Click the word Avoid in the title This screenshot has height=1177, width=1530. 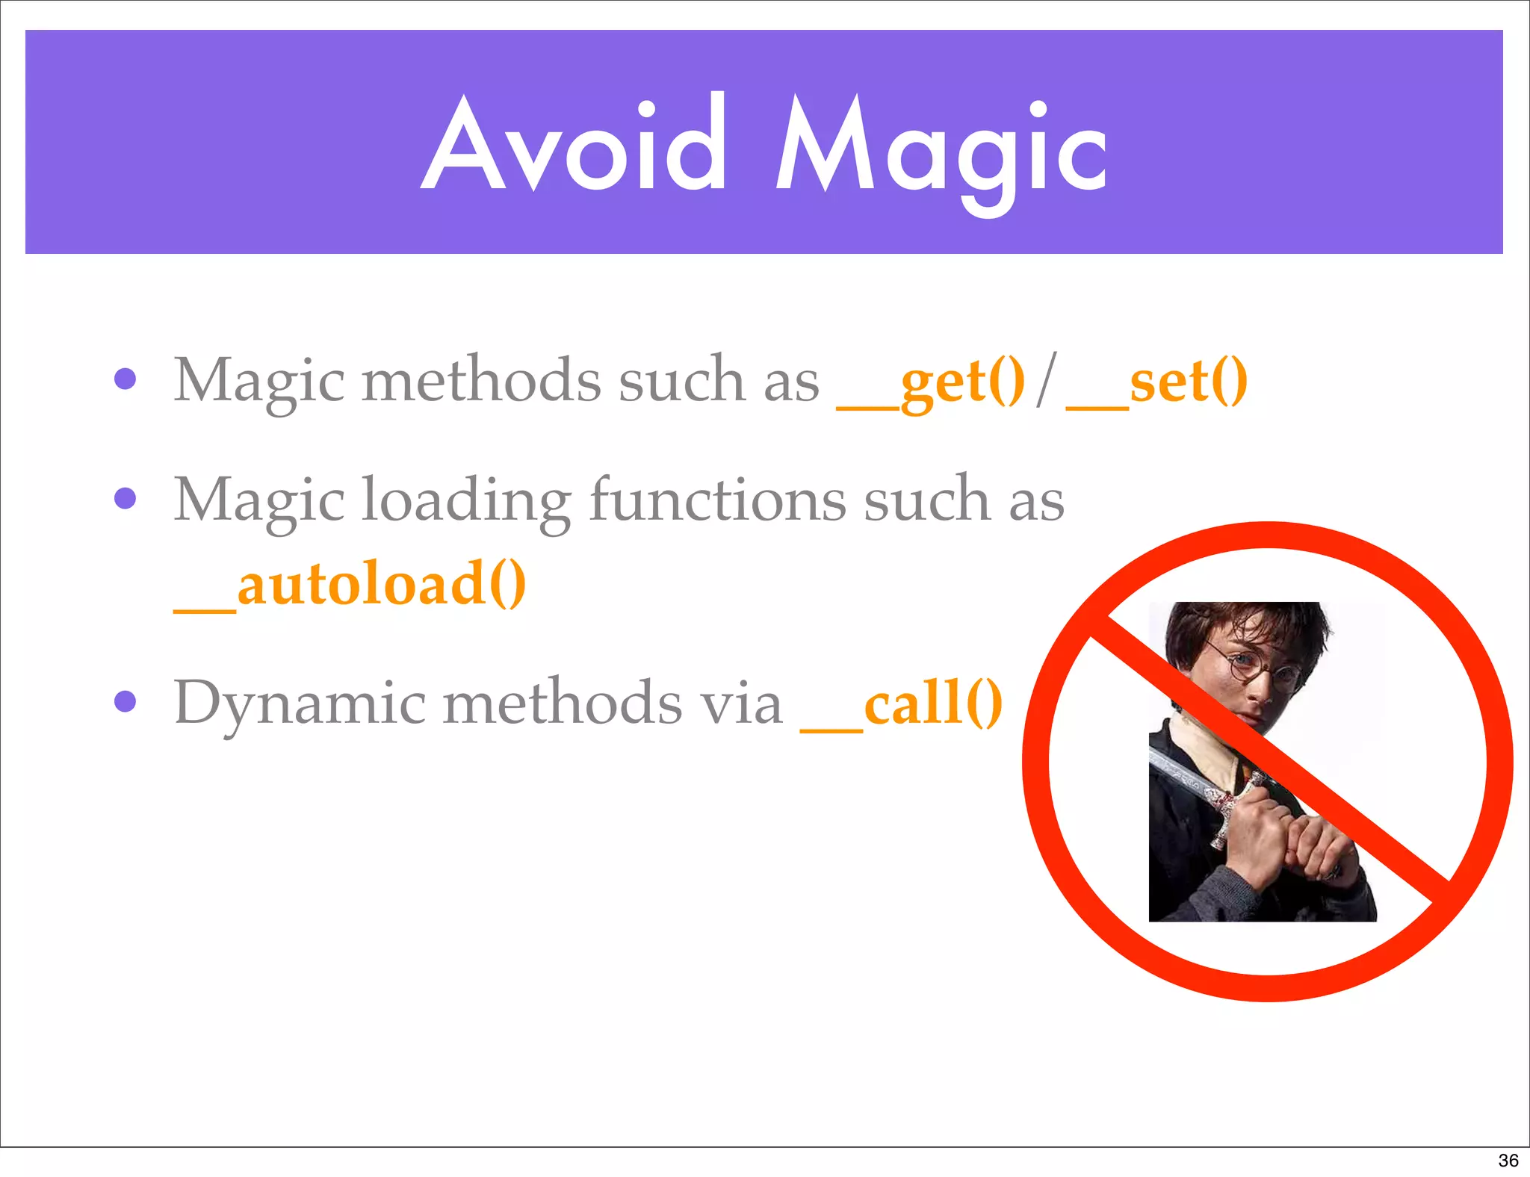574,146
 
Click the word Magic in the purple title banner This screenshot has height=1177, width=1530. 941,149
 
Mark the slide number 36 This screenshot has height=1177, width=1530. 1508,1160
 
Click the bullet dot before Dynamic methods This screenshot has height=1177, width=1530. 126,701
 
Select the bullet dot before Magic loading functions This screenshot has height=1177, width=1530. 126,498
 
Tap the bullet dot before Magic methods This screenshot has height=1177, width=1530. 126,379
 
